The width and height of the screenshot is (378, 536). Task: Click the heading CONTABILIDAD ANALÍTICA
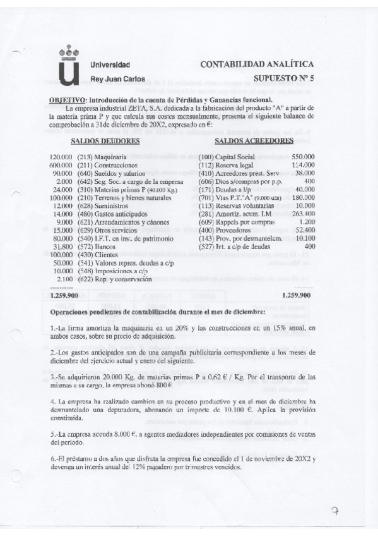click(256, 64)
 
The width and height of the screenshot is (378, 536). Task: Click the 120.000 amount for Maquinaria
click(61, 156)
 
